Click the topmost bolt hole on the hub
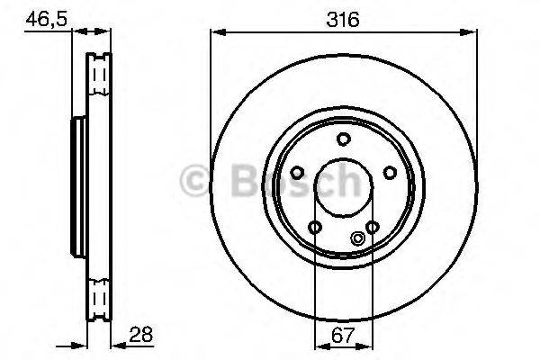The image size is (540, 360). pyautogui.click(x=342, y=138)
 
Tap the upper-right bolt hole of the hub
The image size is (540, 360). pyautogui.click(x=389, y=173)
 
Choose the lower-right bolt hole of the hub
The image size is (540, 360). pyautogui.click(x=372, y=226)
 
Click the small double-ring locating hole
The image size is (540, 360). pyautogui.click(x=358, y=238)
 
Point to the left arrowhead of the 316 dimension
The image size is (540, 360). pyautogui.click(x=216, y=32)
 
